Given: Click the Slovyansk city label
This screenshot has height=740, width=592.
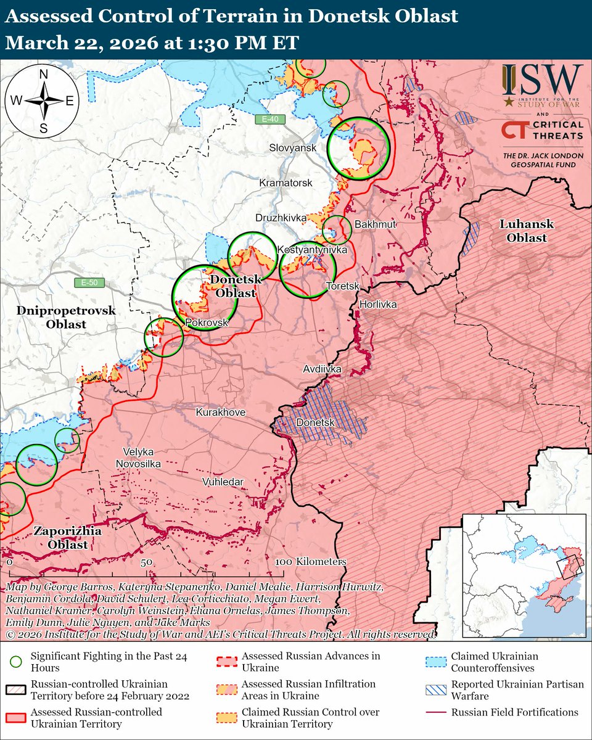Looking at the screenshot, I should [292, 148].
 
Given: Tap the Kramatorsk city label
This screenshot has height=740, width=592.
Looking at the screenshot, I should [286, 183].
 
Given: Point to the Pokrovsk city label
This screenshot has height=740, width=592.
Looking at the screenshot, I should [207, 323].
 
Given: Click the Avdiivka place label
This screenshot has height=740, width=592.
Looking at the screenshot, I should [322, 369].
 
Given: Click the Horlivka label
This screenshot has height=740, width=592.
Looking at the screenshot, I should [377, 305].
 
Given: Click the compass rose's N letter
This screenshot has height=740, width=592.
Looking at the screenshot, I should [44, 75].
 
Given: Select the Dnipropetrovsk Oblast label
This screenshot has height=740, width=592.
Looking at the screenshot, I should [60, 318].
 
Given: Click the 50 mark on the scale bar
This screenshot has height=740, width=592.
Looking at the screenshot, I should [146, 562].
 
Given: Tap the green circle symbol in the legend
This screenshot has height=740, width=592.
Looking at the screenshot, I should [17, 660].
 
